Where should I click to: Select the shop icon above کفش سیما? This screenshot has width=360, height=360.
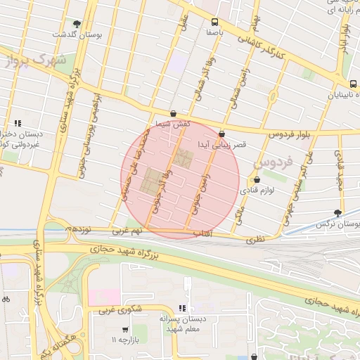click(173, 112)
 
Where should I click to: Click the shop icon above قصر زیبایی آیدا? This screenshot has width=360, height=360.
click(222, 133)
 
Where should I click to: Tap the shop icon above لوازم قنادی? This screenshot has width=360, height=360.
click(257, 179)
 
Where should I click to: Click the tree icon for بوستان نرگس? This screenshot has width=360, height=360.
click(338, 212)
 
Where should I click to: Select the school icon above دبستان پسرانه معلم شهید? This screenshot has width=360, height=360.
click(182, 307)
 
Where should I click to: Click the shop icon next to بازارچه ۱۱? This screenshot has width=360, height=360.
click(125, 329)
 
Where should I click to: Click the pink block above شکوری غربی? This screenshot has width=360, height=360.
click(104, 296)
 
